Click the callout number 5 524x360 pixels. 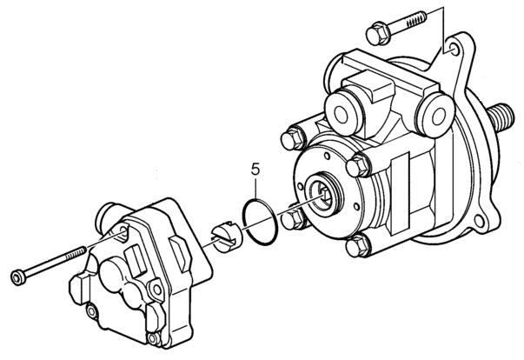pos(255,170)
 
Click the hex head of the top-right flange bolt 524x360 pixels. pos(379,33)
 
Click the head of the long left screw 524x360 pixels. pos(18,277)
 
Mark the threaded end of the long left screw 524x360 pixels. pos(76,253)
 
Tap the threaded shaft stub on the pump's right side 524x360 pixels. pos(501,118)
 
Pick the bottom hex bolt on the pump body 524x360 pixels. pos(357,246)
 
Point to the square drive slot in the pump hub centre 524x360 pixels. pos(324,194)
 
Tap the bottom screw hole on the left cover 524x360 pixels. pos(153,338)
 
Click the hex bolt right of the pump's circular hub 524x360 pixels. pos(358,165)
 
